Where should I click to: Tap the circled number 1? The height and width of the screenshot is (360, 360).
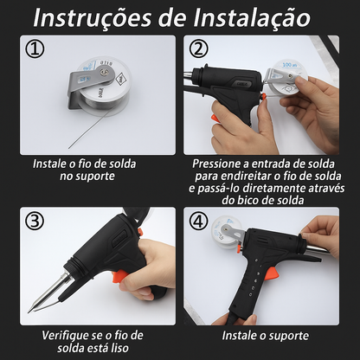pos(35,49)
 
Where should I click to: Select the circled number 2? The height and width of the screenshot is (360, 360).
pos(199,49)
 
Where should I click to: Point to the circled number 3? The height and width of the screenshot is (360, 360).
pos(35,221)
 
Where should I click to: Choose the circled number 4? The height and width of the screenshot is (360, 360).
pos(199,221)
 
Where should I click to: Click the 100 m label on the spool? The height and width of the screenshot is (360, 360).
pos(289,64)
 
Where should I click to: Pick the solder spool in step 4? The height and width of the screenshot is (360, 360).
pos(228,234)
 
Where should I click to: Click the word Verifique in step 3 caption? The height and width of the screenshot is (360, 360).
pos(71,335)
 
